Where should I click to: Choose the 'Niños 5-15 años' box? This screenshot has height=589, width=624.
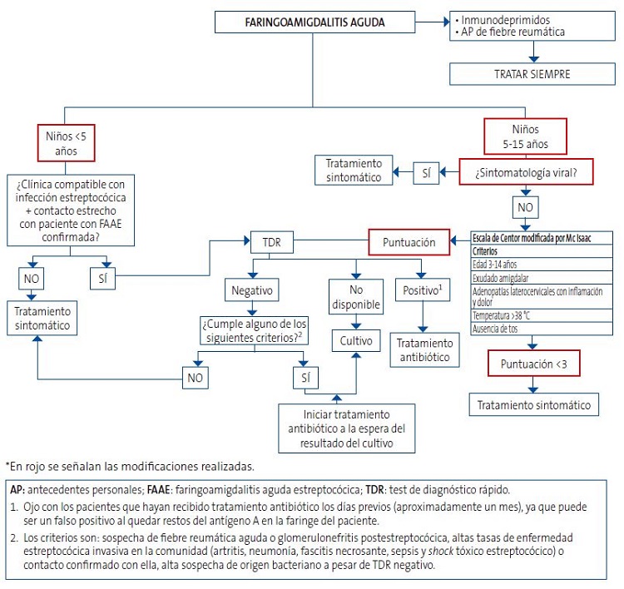(526, 135)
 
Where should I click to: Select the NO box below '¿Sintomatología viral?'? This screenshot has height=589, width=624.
(526, 207)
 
